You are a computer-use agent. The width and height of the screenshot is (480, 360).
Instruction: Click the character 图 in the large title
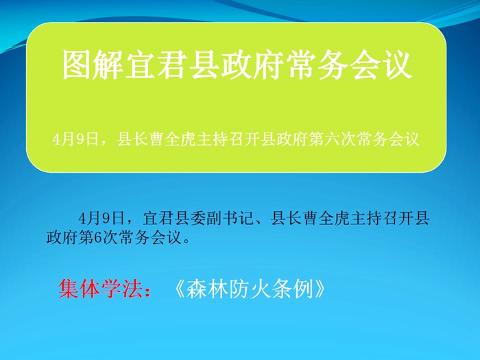(x=77, y=65)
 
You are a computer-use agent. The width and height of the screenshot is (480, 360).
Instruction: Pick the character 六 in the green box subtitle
(x=333, y=140)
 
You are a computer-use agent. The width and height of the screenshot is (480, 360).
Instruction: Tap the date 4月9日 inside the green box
(x=75, y=140)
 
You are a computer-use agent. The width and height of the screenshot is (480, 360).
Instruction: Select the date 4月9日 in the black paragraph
(x=101, y=219)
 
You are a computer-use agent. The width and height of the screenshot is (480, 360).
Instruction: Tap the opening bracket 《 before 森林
(x=179, y=289)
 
